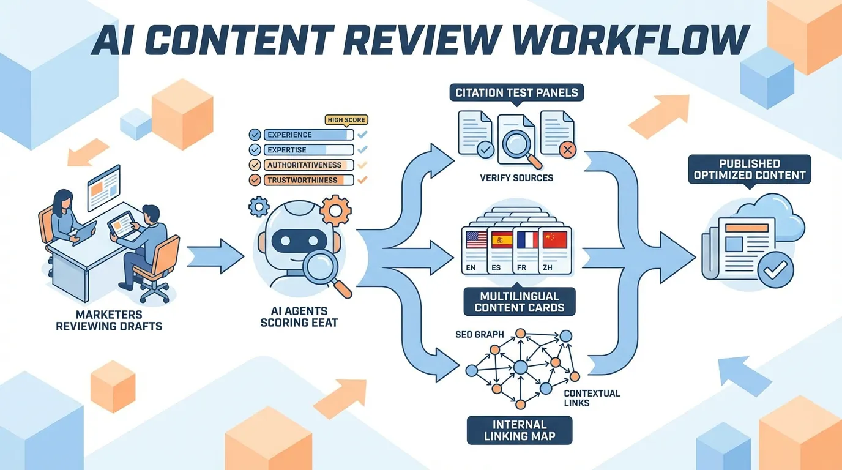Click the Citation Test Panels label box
tap(516, 93)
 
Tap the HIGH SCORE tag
tap(347, 120)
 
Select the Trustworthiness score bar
tap(308, 181)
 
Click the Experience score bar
tap(308, 135)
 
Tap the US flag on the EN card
tap(476, 240)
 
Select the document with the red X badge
tap(558, 134)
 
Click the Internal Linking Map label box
tap(519, 430)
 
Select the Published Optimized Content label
tap(749, 170)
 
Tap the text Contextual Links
tap(592, 398)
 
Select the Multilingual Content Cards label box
tap(519, 301)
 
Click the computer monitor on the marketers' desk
tap(103, 187)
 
